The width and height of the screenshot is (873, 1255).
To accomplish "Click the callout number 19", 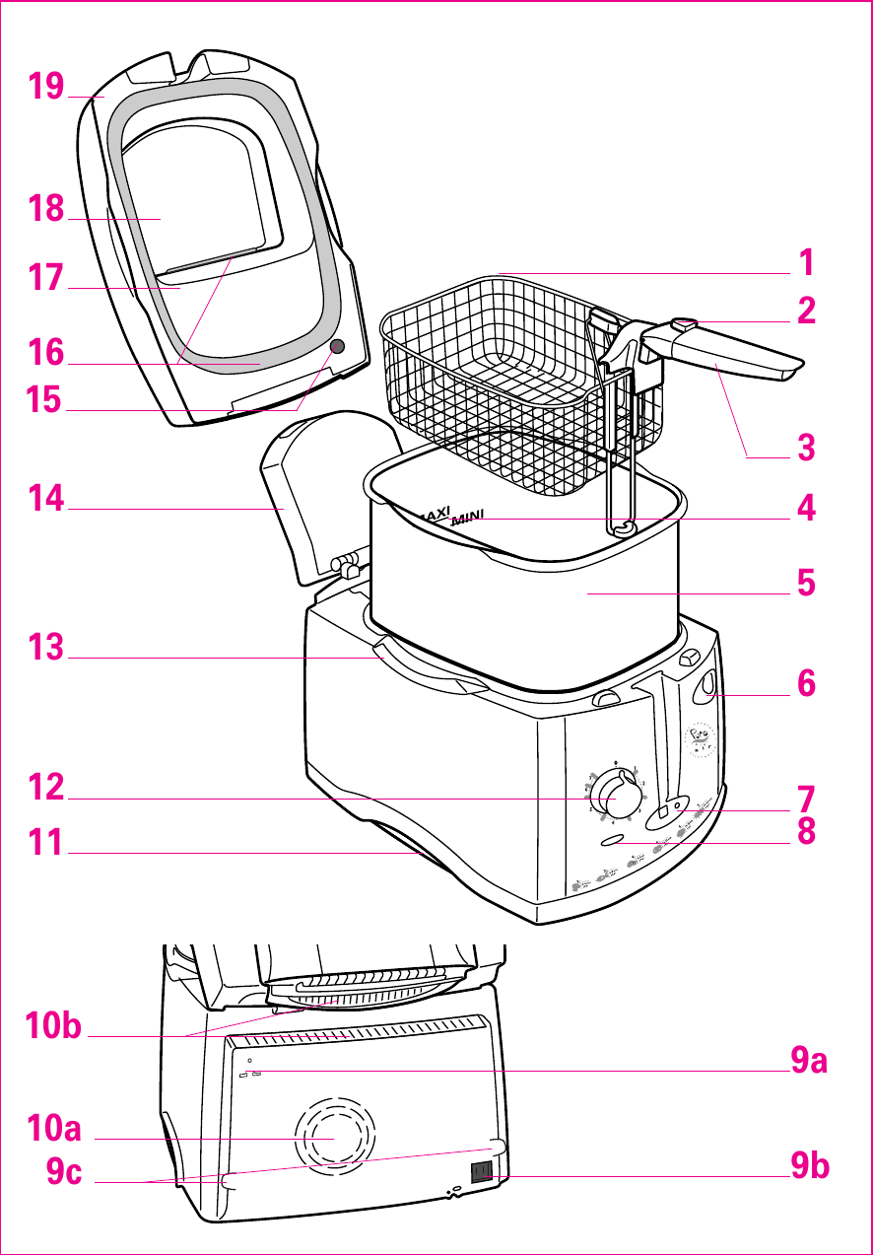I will coord(46,87).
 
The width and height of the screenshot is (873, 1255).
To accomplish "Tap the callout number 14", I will coord(46,499).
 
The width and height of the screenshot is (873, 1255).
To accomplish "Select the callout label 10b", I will coord(54,1026).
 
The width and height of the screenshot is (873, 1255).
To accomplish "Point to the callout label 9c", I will coord(65,1172).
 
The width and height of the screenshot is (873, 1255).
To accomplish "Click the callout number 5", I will coord(806,583).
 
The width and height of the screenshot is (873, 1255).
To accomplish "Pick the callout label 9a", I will coord(809,1061).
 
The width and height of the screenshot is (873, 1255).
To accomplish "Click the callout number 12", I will coord(46,788).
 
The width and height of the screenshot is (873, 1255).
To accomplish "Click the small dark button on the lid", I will coord(338,346).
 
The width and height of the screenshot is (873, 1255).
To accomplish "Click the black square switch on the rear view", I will coord(481,1171).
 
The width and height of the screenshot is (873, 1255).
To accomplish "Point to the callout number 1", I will coord(806,263).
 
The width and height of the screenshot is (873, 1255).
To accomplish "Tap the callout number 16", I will coord(46,353).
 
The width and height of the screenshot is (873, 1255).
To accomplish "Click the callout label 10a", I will coord(54,1128).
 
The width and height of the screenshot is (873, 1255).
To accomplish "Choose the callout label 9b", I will coord(809,1166).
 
